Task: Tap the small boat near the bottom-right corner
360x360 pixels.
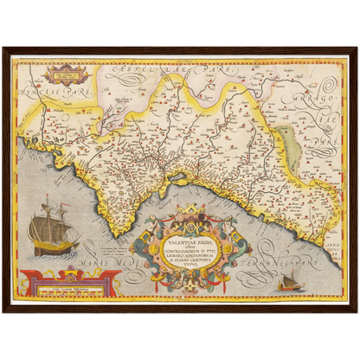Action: point(288,281)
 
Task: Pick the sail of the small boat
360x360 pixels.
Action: point(289,277)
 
